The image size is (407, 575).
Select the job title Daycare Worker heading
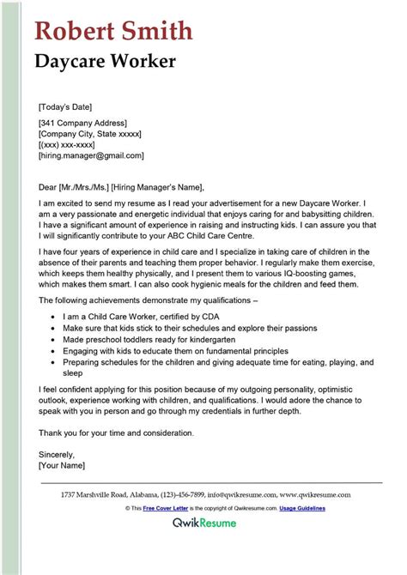point(106,62)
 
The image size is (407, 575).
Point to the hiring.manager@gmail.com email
point(91,156)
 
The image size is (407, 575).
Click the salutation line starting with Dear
point(122,187)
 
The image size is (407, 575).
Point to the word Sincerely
point(57,454)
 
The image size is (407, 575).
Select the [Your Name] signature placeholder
point(63,465)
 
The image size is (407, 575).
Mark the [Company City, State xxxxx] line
point(90,134)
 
